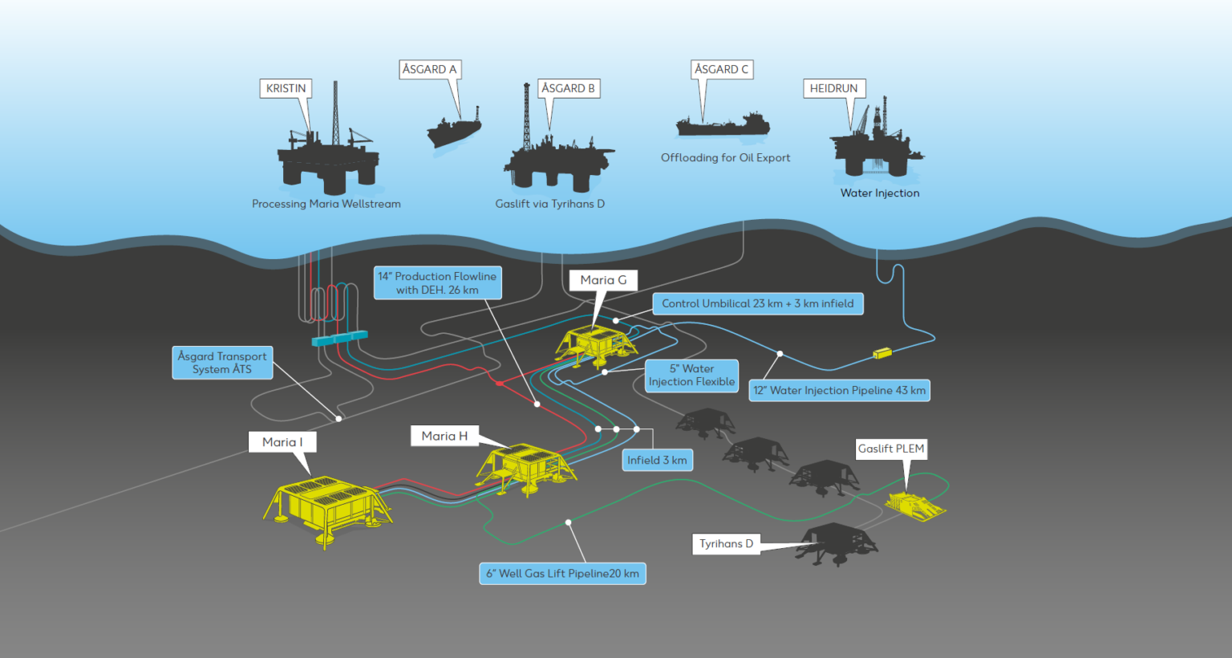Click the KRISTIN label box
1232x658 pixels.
click(x=286, y=88)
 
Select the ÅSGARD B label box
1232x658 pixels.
click(x=568, y=88)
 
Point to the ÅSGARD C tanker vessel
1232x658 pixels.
click(x=723, y=125)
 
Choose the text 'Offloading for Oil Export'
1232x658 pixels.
click(x=725, y=158)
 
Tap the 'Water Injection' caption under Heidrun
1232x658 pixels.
click(x=880, y=193)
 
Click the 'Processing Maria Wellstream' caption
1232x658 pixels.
click(x=326, y=204)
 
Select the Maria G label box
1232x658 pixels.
click(x=603, y=280)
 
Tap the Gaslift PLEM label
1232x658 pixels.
click(x=891, y=449)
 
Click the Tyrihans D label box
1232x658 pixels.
click(x=726, y=544)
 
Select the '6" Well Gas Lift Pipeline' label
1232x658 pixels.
click(x=562, y=574)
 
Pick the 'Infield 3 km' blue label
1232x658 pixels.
click(x=657, y=460)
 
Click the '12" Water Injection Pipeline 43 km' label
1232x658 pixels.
click(x=839, y=391)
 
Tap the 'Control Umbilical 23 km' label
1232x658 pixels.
click(x=757, y=303)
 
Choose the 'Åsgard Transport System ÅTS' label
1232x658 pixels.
click(x=222, y=363)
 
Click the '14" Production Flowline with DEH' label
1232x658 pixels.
click(x=437, y=282)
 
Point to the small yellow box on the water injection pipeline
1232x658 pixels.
click(x=882, y=352)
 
